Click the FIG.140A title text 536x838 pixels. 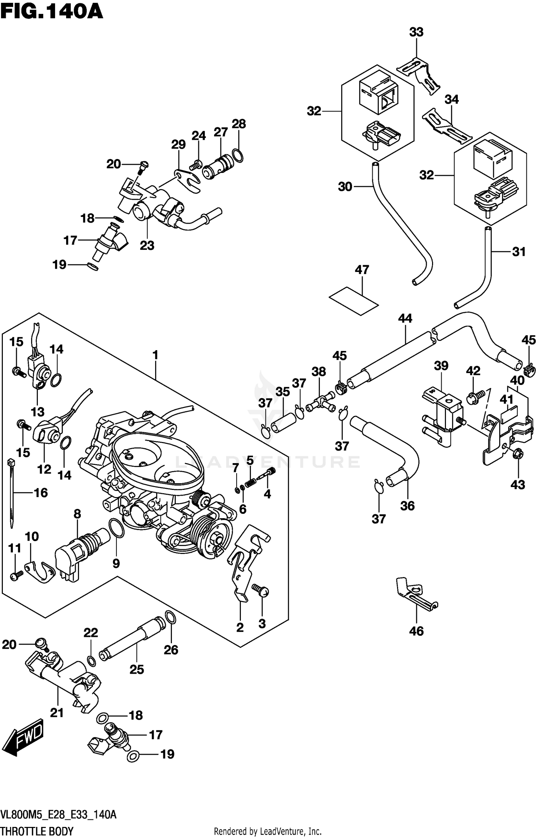(52, 11)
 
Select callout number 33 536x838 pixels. (416, 32)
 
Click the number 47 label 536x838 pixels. (362, 270)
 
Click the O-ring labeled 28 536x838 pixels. (238, 155)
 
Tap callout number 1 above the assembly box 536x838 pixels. (155, 355)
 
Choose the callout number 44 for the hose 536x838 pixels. (405, 318)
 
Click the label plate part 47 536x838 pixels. (353, 301)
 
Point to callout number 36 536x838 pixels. (407, 506)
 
